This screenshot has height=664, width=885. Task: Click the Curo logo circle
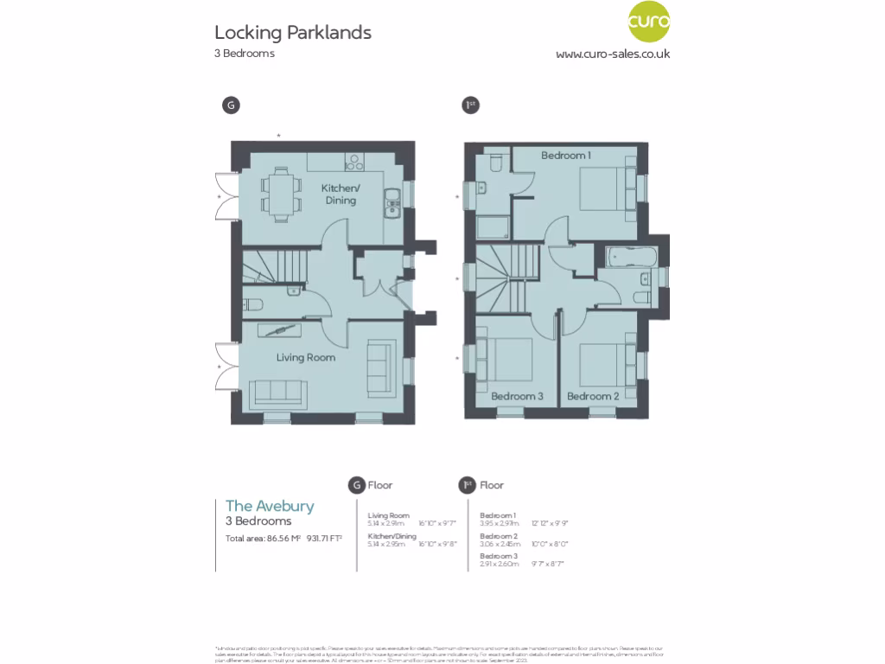coord(648,23)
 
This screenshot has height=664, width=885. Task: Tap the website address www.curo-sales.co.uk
coord(612,54)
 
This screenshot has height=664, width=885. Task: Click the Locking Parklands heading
coord(293,33)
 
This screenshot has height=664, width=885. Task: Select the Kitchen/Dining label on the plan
coord(341,195)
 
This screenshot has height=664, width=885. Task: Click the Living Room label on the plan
coord(306,357)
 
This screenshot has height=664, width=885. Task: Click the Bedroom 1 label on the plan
coord(566,156)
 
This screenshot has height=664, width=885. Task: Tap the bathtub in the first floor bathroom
coord(630,258)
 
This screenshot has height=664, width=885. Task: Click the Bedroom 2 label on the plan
coord(593,397)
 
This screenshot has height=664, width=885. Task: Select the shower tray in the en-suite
coord(493,227)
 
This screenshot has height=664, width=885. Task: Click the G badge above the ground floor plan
coord(230,105)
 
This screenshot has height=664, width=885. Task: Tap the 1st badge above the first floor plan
coord(470,105)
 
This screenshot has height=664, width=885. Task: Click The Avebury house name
coord(270,506)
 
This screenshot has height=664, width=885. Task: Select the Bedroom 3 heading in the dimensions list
coord(499,555)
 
